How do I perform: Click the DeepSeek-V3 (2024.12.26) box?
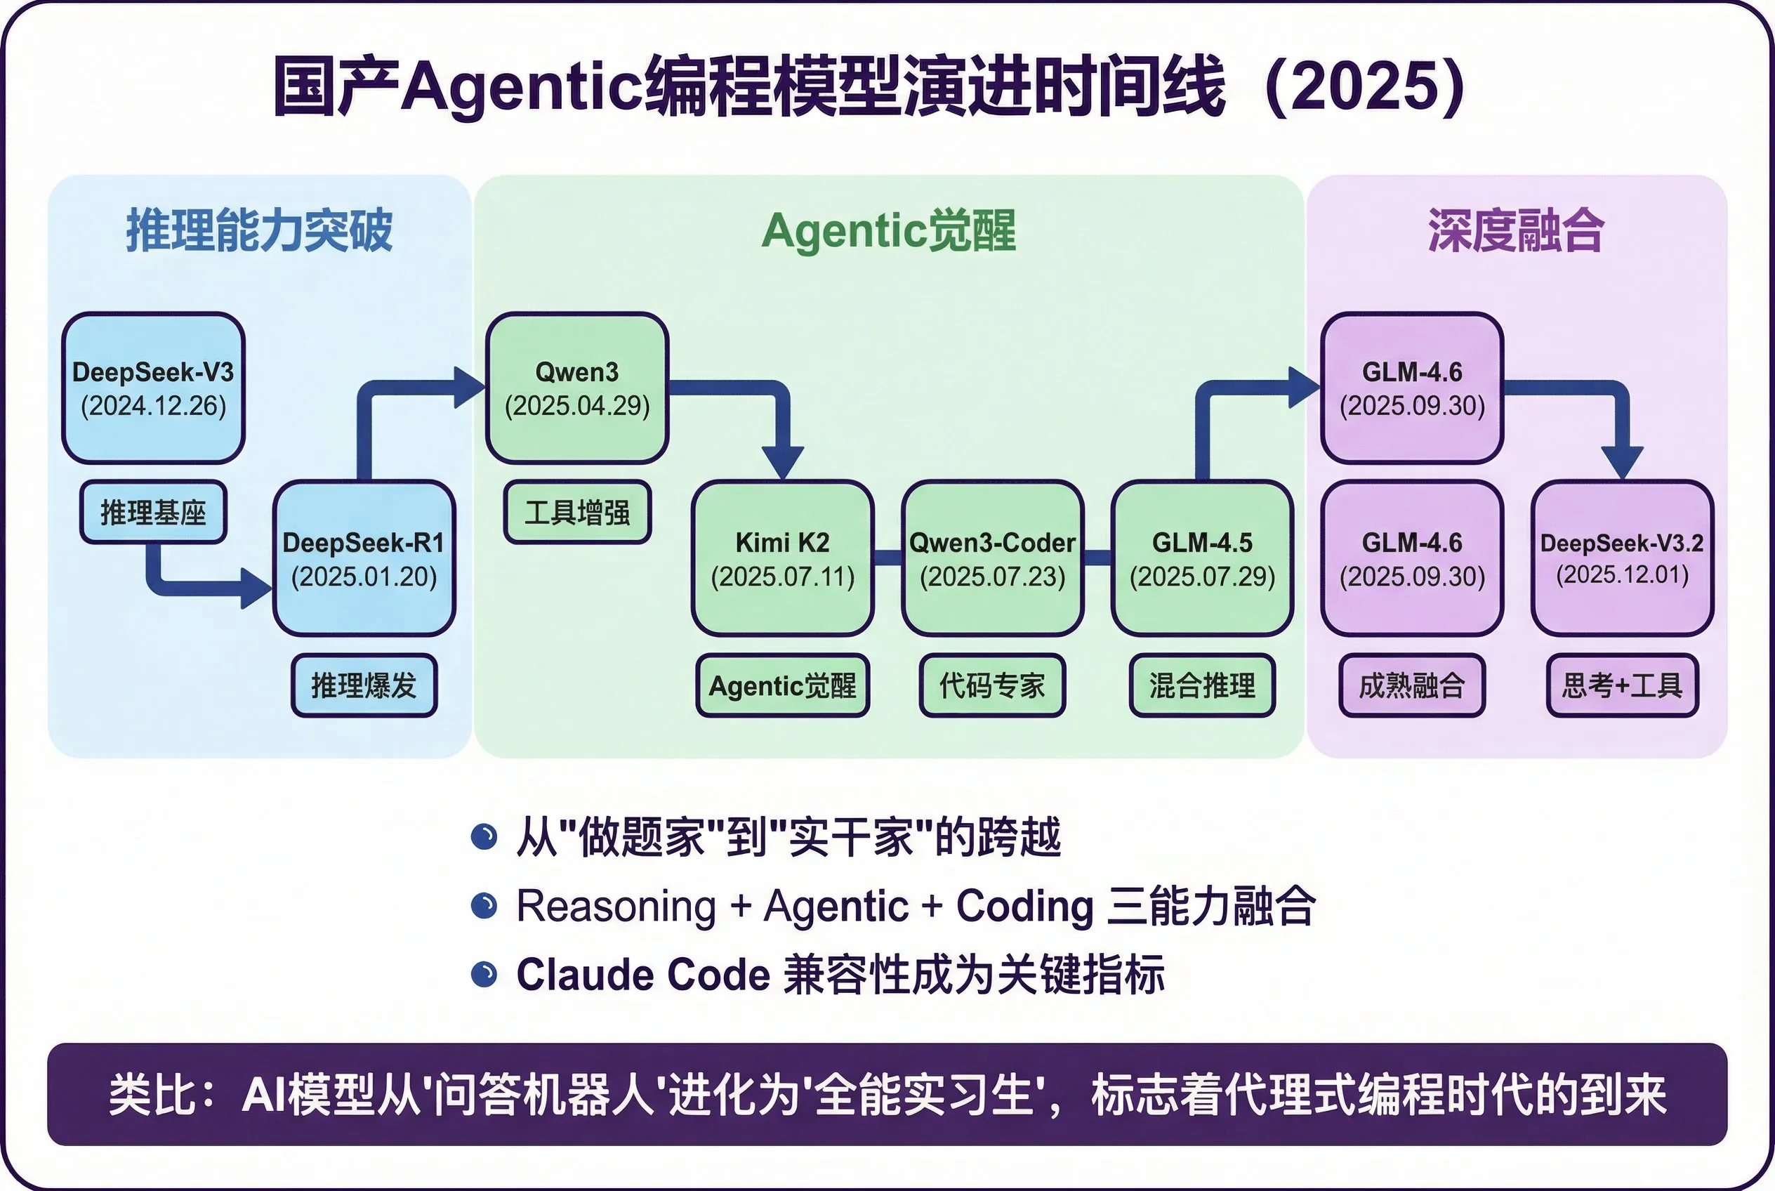point(154,388)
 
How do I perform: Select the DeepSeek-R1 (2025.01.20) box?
point(364,558)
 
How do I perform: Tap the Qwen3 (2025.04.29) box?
point(577,388)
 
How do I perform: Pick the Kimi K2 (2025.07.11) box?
point(782,558)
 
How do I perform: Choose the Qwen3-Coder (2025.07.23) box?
point(992,558)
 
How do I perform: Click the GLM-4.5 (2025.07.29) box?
point(1201,558)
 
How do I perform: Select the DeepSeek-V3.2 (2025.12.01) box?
point(1621,558)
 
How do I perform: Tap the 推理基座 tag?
point(154,513)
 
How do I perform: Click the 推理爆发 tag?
point(364,685)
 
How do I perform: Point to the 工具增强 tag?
point(577,513)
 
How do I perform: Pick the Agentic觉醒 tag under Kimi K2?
point(782,685)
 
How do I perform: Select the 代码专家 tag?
point(992,685)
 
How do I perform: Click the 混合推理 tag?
point(1201,685)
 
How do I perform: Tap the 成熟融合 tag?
point(1411,685)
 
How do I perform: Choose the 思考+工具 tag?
point(1621,685)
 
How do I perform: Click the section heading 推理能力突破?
point(259,230)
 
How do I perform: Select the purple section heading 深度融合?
point(1515,230)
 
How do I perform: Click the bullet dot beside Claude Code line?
point(484,974)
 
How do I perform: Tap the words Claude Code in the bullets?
point(642,975)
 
